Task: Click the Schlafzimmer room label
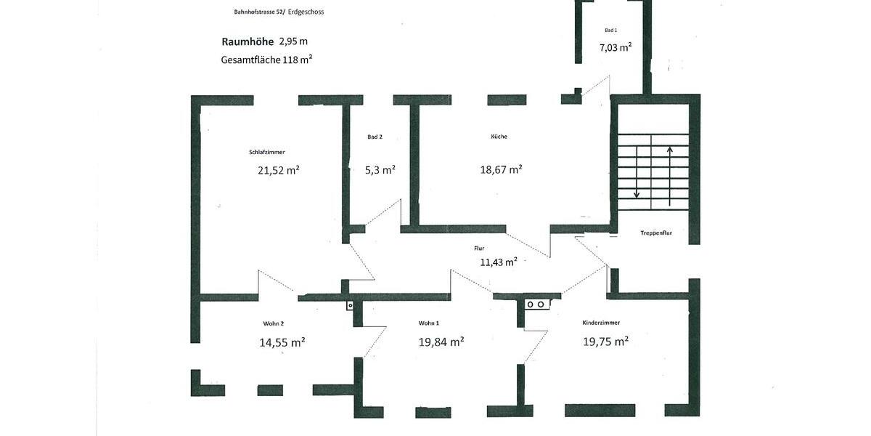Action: point(266,153)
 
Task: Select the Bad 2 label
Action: point(375,137)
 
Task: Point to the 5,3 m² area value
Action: point(380,170)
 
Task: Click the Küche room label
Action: point(499,137)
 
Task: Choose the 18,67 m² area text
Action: point(501,169)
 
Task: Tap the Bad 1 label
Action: point(610,31)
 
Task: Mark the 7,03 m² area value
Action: point(615,47)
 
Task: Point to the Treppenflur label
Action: point(656,233)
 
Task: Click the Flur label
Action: point(479,249)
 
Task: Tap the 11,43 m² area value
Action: point(498,262)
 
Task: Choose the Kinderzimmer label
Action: point(601,323)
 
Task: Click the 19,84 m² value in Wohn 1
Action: point(441,342)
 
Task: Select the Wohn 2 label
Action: point(274,323)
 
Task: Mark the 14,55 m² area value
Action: point(282,342)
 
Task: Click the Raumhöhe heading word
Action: point(248,42)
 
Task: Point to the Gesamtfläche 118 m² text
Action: point(266,60)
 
